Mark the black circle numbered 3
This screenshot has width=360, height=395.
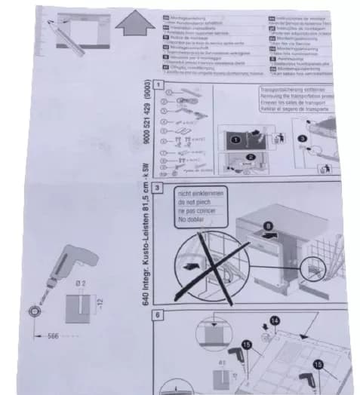tap(300, 139)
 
